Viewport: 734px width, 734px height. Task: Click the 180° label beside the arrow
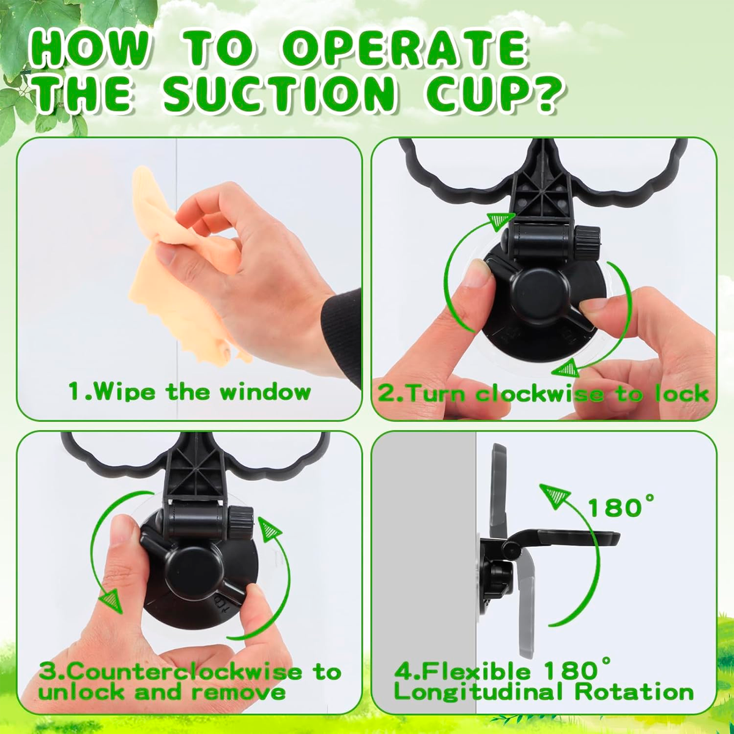click(x=621, y=506)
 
